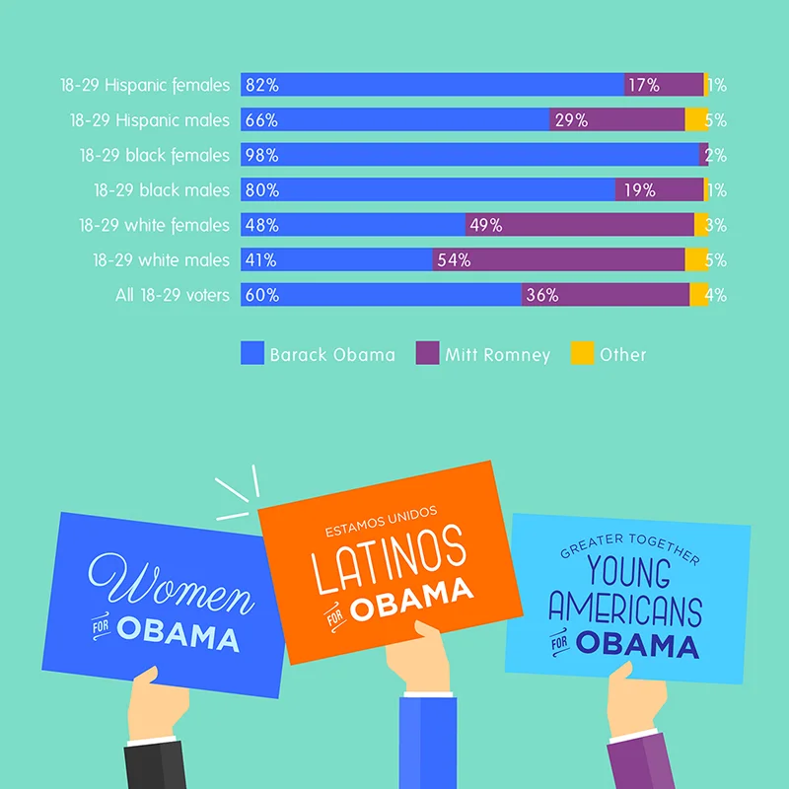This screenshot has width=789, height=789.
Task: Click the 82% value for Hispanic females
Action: [x=263, y=85]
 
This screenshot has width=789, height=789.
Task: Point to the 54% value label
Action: [x=455, y=260]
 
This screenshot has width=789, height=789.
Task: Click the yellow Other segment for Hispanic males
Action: [x=696, y=120]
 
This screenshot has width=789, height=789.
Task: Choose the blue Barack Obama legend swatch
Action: [x=252, y=353]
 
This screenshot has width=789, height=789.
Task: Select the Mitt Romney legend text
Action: [x=497, y=354]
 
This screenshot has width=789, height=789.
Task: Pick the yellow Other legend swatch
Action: [x=582, y=353]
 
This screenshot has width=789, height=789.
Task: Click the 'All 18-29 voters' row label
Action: [x=172, y=295]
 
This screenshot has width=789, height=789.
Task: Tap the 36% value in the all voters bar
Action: [x=542, y=295]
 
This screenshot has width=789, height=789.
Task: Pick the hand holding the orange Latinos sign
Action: [x=418, y=659]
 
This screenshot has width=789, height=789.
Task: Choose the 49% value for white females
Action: [x=486, y=226]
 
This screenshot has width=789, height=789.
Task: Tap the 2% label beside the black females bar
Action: [x=716, y=156]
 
